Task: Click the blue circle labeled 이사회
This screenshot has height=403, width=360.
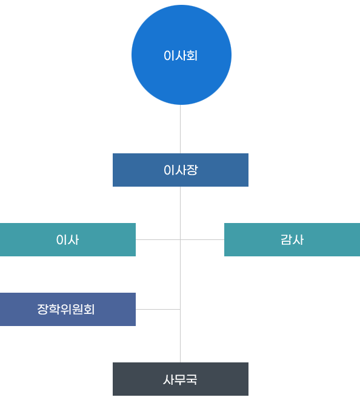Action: [181, 55]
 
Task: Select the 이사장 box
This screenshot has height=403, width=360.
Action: [181, 170]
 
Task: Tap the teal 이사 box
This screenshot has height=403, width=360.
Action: [68, 239]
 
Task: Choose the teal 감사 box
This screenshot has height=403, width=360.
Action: [292, 239]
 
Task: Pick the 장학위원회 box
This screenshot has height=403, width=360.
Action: [68, 309]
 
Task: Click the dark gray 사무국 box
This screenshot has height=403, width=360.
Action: [181, 379]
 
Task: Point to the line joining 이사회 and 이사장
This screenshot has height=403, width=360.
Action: [181, 129]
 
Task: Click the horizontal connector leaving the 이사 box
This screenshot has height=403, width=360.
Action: [158, 239]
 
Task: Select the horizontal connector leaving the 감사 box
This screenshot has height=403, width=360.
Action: [202, 239]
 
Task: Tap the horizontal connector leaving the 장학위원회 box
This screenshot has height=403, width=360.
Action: [158, 309]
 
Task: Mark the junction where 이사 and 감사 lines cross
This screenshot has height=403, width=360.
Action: [181, 239]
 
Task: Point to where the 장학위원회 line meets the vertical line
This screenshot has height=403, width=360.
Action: [181, 309]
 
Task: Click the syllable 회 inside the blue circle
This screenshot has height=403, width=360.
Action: [192, 56]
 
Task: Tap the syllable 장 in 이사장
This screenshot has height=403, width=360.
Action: [192, 170]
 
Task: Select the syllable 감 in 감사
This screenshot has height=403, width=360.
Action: [286, 240]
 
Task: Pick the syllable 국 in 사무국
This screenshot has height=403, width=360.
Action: [192, 379]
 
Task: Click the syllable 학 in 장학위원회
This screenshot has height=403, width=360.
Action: [54, 309]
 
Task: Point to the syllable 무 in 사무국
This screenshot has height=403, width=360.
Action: [181, 379]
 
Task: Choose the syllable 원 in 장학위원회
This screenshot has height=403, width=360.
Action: [78, 309]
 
